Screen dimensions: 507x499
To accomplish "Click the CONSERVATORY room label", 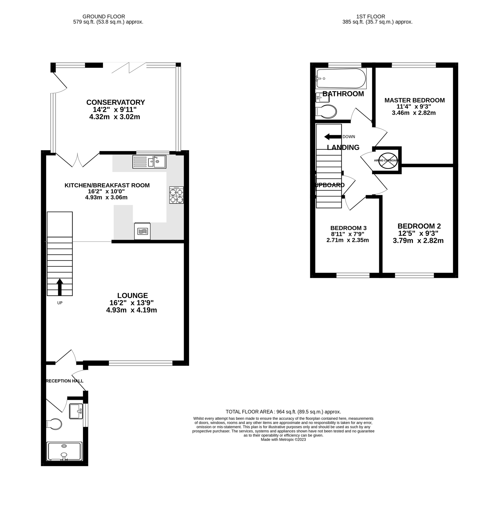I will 116,102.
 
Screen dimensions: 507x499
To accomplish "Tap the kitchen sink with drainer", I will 149,162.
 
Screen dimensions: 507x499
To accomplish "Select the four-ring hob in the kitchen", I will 176,195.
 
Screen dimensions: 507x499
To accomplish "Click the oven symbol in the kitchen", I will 142,231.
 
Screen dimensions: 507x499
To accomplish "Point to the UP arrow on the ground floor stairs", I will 60,287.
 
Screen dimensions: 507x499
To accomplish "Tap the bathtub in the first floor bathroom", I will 341,78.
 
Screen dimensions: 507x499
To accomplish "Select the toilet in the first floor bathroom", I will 326,112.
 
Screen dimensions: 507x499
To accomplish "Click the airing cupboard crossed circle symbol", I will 388,161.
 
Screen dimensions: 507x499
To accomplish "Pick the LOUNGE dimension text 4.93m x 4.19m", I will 131,310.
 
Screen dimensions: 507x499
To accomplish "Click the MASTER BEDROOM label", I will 414,100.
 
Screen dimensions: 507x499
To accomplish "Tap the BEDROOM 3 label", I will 348,228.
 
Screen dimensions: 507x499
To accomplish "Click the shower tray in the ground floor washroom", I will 64,452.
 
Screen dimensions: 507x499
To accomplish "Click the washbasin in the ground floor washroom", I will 76,411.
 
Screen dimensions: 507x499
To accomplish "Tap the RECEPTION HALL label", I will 64,381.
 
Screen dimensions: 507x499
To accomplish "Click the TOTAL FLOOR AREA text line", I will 283,412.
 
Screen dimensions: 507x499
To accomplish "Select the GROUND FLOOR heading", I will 104,17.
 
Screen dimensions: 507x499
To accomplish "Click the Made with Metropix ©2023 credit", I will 283,439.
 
